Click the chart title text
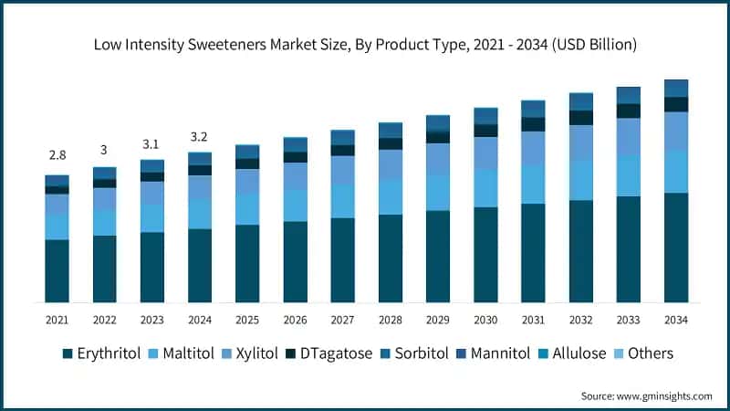365,44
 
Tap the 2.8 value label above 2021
57,156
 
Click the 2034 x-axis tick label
675,319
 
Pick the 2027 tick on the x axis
342,319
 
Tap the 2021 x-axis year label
57,319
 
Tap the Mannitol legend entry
505,353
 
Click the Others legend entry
657,353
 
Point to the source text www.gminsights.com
646,395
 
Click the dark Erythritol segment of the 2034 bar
675,247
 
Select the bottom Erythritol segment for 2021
57,270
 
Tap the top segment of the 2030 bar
485,115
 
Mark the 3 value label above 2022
104,150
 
